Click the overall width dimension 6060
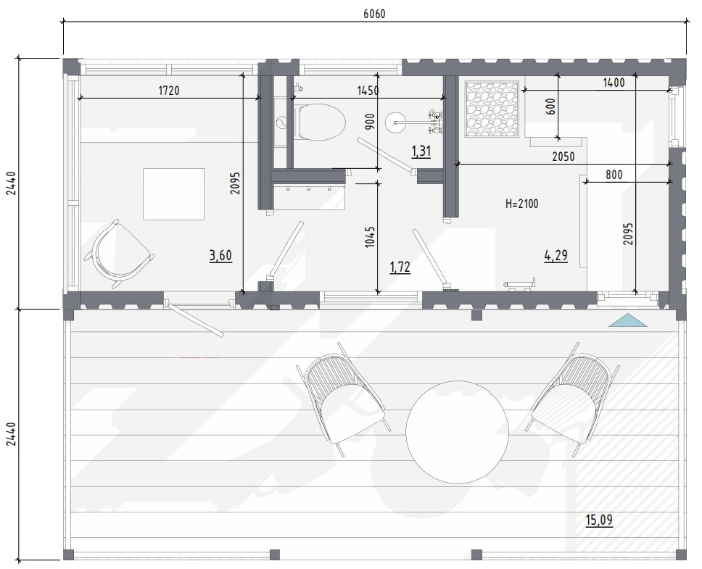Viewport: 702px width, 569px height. click(374, 14)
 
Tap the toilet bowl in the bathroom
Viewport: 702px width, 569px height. click(320, 122)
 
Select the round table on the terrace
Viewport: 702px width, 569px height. click(457, 432)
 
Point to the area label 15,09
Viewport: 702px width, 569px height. click(599, 520)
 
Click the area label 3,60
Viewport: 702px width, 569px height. click(220, 255)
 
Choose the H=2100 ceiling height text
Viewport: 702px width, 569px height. click(521, 204)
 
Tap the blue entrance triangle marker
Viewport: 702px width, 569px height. click(628, 320)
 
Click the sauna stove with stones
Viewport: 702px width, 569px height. click(492, 109)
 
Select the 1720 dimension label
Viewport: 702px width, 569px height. click(169, 91)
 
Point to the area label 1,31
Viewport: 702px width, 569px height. click(421, 151)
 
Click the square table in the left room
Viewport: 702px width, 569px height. click(174, 194)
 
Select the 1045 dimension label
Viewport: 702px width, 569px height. click(370, 237)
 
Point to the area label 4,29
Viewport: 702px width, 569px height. click(556, 255)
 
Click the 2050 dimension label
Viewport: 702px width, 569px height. click(563, 157)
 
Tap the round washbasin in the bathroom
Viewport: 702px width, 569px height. click(396, 120)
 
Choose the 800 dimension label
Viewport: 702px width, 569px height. click(614, 175)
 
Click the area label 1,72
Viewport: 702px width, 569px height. click(400, 267)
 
